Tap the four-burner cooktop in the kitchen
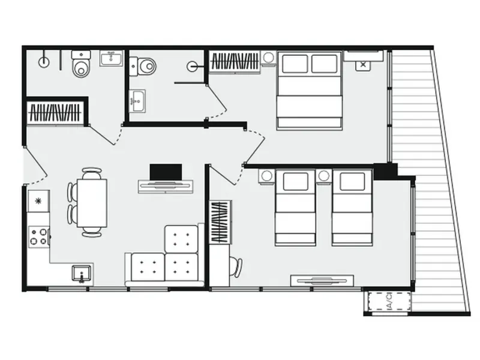pyautogui.click(x=39, y=237)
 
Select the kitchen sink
pyautogui.click(x=82, y=274)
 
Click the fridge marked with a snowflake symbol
pyautogui.click(x=38, y=201)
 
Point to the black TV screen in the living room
pyautogui.click(x=166, y=172)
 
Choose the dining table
pyautogui.click(x=92, y=203)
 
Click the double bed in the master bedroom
pyautogui.click(x=309, y=91)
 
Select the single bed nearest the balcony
pyautogui.click(x=352, y=208)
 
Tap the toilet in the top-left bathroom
pyautogui.click(x=81, y=64)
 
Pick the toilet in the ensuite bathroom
pyautogui.click(x=143, y=66)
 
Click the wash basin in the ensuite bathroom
pyautogui.click(x=137, y=101)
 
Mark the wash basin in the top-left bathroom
pyautogui.click(x=111, y=58)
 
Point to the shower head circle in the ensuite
pyautogui.click(x=192, y=66)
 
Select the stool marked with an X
pyautogui.click(x=363, y=65)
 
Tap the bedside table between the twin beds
pyautogui.click(x=324, y=176)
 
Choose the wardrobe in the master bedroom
pyautogui.click(x=235, y=62)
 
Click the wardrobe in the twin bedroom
pyautogui.click(x=220, y=222)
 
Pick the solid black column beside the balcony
pyautogui.click(x=385, y=171)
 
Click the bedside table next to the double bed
pyautogui.click(x=268, y=58)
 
